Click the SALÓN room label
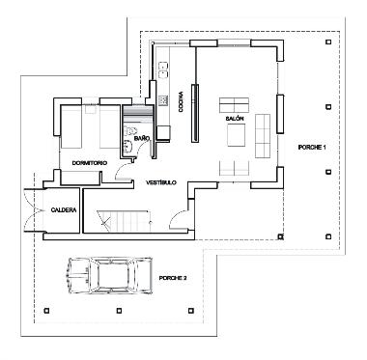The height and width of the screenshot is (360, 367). click(234, 119)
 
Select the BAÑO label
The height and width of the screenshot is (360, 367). click(142, 139)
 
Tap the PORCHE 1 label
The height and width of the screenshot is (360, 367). click(312, 147)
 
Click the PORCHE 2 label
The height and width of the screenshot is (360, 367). click(173, 276)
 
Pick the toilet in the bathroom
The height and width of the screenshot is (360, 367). click(128, 147)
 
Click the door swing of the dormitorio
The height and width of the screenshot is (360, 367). click(118, 171)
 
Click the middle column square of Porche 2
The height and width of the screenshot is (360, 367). click(118, 310)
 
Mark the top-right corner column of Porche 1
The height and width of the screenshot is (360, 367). click(329, 42)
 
